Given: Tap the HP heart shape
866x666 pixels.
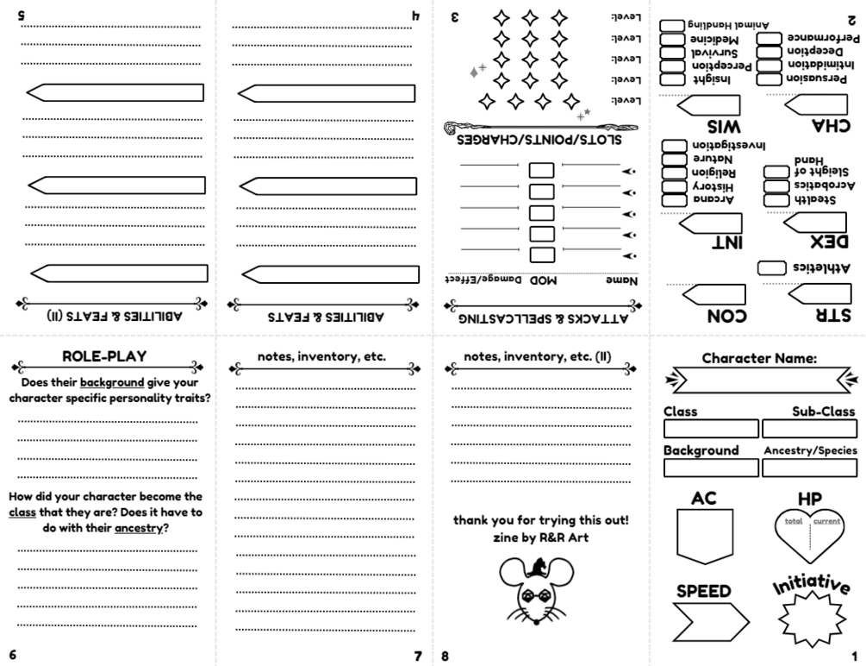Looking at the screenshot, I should coord(808,539).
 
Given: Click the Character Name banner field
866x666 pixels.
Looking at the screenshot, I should coord(761,379).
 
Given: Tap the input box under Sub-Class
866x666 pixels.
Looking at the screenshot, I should coord(809,429).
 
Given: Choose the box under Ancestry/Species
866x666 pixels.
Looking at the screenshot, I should coord(809,468).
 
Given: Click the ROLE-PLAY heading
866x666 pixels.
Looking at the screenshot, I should coord(104,356).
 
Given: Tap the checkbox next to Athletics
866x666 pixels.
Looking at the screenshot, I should coord(770,268).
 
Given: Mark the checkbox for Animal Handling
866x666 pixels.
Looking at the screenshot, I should coord(672,26).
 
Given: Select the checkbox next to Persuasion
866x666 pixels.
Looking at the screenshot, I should coord(769,79).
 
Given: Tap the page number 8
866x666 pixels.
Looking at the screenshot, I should coord(445,655).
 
